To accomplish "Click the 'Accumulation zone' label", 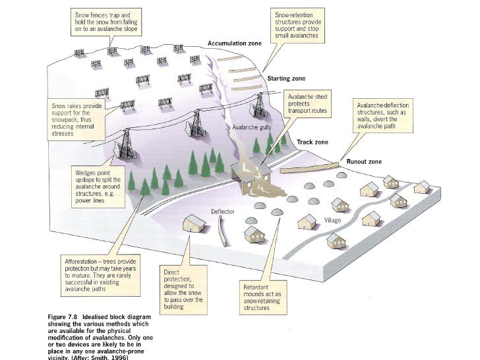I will [x=235, y=43].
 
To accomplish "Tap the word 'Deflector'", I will [x=222, y=211].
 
